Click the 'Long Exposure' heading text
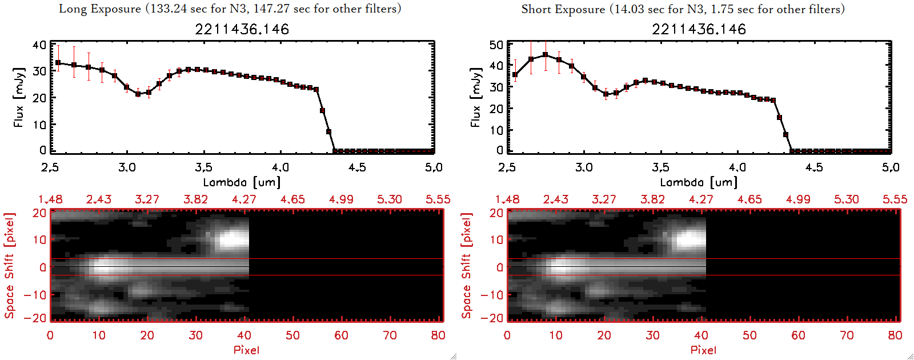point(100,9)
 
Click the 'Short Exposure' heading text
point(563,9)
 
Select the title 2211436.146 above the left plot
point(242,29)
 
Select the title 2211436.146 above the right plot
point(699,29)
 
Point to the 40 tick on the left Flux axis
point(39,45)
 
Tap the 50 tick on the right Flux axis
point(496,45)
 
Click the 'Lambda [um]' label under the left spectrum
point(242,182)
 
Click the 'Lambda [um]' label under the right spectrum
point(699,182)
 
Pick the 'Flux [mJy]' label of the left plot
point(19,97)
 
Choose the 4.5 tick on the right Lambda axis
point(814,167)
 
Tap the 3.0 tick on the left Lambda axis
point(127,167)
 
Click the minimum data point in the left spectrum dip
point(138,94)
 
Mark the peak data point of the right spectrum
point(546,55)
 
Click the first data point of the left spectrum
point(58,63)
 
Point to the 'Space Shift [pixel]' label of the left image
point(9,266)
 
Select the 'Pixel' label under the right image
point(703,350)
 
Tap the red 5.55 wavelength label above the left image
point(438,199)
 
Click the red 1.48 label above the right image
point(507,199)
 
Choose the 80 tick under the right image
point(895,335)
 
